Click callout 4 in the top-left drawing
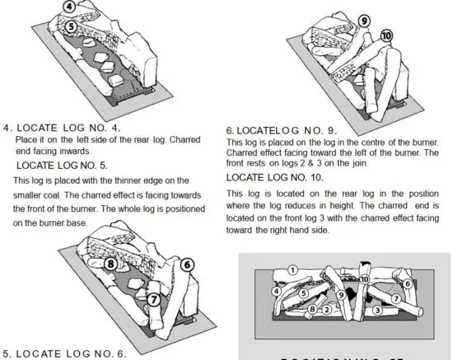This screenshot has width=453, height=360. (x=72, y=7)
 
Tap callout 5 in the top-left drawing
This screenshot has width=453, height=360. (x=72, y=26)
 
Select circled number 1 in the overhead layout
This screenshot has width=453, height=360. (x=292, y=270)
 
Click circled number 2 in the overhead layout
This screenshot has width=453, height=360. (x=326, y=311)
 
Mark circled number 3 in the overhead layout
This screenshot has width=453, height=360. (x=376, y=311)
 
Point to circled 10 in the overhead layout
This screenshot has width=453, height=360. (x=364, y=279)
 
